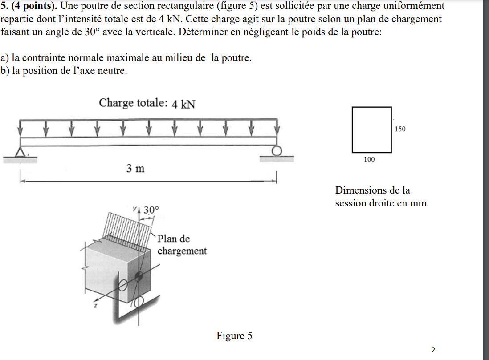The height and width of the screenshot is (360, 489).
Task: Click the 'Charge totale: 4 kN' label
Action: click(147, 103)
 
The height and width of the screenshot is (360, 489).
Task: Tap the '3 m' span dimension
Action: click(135, 169)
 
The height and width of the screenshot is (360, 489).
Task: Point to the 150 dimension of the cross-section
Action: click(400, 129)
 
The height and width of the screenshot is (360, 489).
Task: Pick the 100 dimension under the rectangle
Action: click(369, 159)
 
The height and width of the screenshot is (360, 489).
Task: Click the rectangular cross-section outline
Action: click(372, 129)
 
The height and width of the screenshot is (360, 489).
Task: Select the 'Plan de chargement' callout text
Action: click(182, 244)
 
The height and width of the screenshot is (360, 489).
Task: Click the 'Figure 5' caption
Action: click(234, 336)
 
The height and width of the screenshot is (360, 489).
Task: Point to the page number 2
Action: click(433, 349)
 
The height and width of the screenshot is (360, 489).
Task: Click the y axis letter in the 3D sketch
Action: click(134, 207)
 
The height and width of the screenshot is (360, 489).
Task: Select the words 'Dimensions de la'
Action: click(372, 190)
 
